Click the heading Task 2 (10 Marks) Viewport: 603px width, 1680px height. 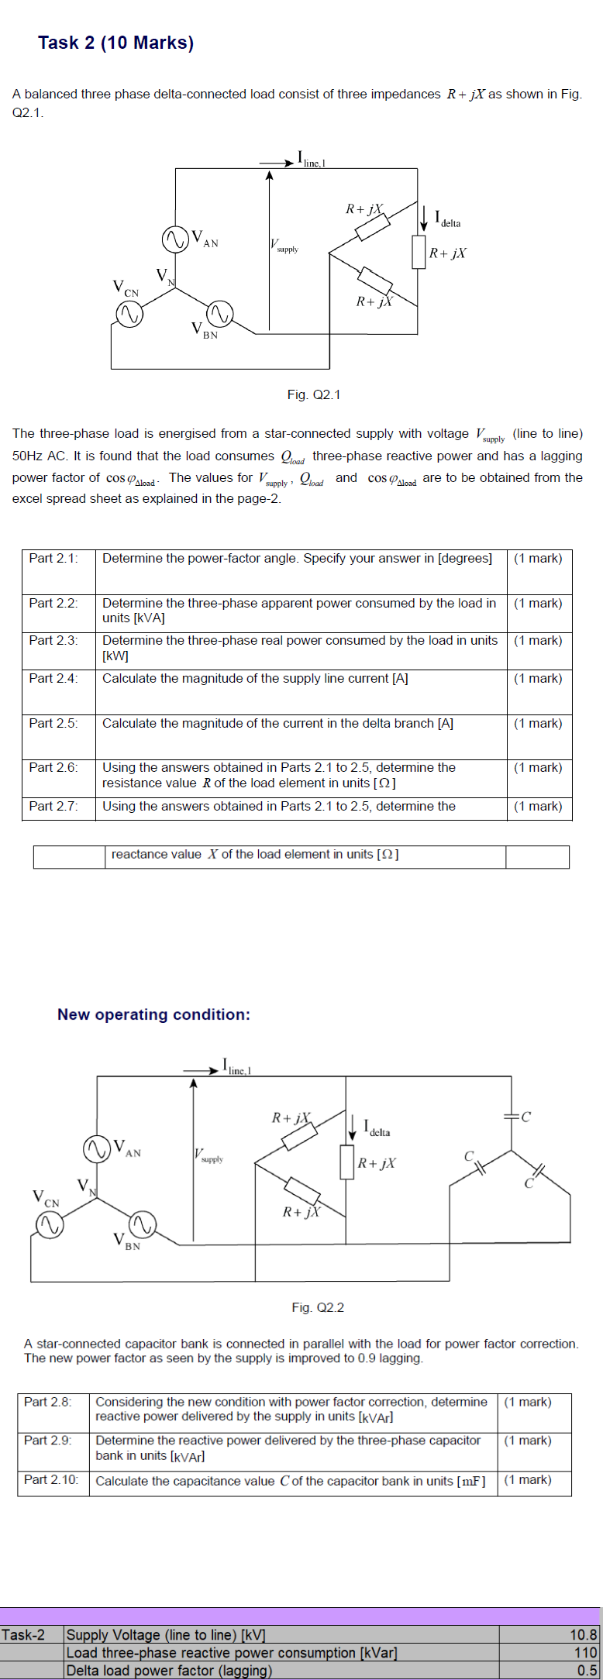point(116,43)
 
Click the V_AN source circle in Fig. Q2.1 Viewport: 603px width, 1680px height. point(175,238)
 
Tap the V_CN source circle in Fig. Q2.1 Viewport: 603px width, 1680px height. point(128,315)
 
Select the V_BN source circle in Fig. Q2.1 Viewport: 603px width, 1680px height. point(219,314)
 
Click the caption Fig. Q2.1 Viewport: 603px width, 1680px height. point(313,395)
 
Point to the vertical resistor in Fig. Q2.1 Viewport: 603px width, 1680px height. point(419,253)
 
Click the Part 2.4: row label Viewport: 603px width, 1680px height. point(53,679)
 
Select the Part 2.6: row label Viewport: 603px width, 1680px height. point(53,768)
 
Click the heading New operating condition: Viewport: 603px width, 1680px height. point(153,1014)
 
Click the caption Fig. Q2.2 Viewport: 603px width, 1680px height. point(318,1308)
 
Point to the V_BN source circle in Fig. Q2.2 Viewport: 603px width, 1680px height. point(142,1224)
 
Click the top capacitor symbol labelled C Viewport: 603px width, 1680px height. point(512,1117)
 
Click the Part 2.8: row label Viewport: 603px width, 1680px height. point(48,1402)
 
